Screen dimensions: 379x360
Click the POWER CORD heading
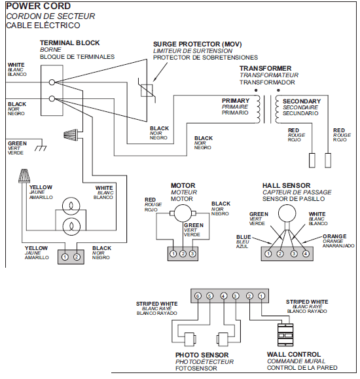tap(38, 6)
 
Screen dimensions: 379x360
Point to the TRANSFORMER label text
tap(265, 68)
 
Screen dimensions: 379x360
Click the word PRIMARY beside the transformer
tap(236, 101)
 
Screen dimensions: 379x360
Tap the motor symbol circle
tap(181, 213)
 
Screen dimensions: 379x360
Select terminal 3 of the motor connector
tap(192, 253)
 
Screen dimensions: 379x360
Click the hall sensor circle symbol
tap(286, 214)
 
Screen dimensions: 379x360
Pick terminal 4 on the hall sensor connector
tap(306, 253)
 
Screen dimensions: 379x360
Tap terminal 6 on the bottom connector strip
tap(196, 296)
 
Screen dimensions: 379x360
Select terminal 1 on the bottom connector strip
tap(261, 296)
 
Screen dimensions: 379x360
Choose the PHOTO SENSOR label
tap(200, 354)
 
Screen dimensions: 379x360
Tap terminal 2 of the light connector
tap(77, 257)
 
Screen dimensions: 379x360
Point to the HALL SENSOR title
tap(287, 186)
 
